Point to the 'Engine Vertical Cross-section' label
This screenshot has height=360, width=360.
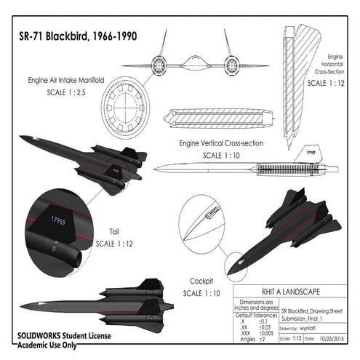pyautogui.click(x=221, y=143)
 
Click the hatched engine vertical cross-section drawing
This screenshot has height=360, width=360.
pyautogui.click(x=218, y=117)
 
